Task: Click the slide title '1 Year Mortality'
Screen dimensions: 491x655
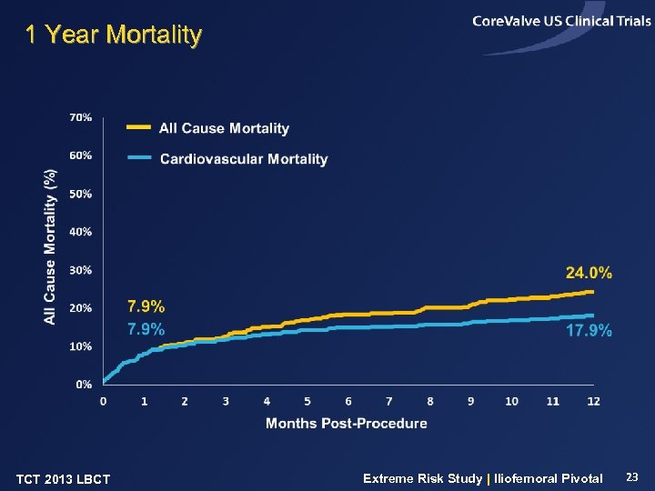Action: click(113, 35)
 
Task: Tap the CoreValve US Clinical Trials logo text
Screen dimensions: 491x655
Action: click(561, 22)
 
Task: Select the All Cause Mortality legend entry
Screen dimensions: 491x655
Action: click(224, 128)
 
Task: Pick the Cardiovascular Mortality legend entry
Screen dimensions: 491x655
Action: click(243, 159)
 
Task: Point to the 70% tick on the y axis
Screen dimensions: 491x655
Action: click(80, 117)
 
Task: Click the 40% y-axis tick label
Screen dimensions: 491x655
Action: click(80, 232)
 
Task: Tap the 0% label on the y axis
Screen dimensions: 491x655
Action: click(83, 385)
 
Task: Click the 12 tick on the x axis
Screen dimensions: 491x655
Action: click(593, 401)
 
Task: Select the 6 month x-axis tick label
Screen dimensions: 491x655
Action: click(348, 401)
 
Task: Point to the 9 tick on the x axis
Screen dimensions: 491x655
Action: click(470, 401)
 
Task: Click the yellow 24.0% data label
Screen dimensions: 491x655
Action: click(589, 273)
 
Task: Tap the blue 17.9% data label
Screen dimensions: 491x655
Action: click(589, 331)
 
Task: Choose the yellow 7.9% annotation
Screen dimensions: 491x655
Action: click(146, 306)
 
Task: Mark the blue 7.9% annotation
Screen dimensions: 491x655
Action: click(146, 329)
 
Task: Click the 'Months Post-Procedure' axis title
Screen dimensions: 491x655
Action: click(346, 423)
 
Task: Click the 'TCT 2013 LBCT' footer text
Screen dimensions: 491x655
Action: click(64, 479)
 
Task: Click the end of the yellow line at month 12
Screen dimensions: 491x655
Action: click(593, 292)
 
